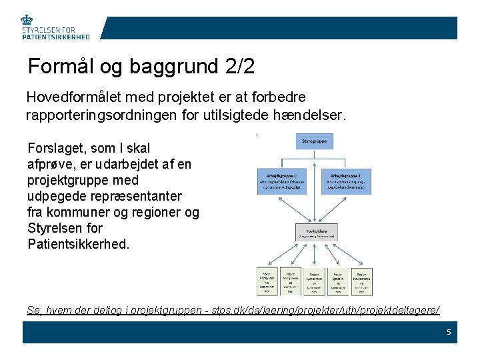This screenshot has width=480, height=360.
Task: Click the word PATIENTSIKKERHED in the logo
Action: tap(55, 37)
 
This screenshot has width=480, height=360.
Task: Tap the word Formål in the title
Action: tap(60, 67)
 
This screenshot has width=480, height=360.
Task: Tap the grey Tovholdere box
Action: tap(315, 231)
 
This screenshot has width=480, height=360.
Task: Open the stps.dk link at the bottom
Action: tap(233, 310)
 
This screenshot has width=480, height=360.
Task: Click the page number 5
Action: tap(449, 331)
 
